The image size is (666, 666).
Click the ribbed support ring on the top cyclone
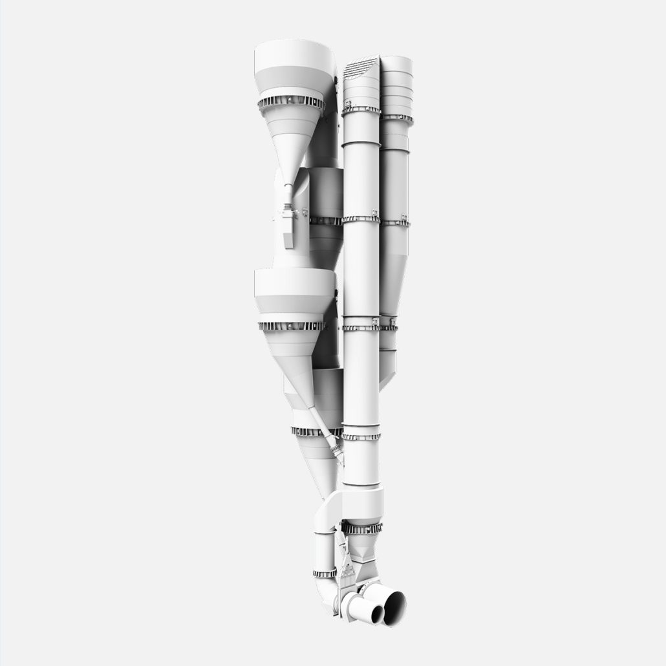[291, 103]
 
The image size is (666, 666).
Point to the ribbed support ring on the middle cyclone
[292, 326]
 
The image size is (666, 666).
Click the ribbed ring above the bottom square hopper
[362, 528]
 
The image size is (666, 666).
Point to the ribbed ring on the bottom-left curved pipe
[325, 573]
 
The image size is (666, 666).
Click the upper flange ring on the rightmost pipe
[396, 118]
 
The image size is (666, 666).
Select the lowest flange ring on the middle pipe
[361, 436]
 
